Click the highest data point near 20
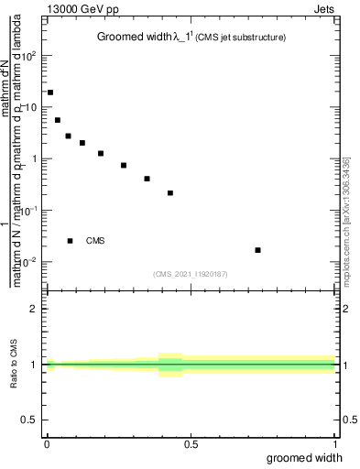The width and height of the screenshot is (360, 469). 50,93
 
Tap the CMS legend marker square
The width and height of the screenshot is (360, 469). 71,241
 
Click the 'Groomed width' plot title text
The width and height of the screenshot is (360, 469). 131,38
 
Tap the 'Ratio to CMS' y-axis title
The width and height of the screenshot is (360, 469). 16,365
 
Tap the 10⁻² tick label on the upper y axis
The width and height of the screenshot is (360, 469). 30,262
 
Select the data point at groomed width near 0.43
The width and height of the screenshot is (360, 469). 170,193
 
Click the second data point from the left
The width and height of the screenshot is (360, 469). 58,120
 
